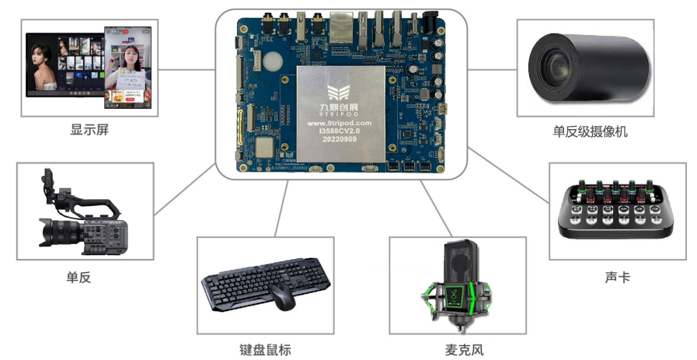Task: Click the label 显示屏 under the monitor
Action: click(89, 130)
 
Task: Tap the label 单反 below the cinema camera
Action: click(78, 276)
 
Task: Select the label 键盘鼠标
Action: click(265, 349)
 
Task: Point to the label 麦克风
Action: click(465, 349)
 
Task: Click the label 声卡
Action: click(617, 277)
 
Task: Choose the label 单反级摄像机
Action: click(591, 131)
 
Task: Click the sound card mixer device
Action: click(617, 211)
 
